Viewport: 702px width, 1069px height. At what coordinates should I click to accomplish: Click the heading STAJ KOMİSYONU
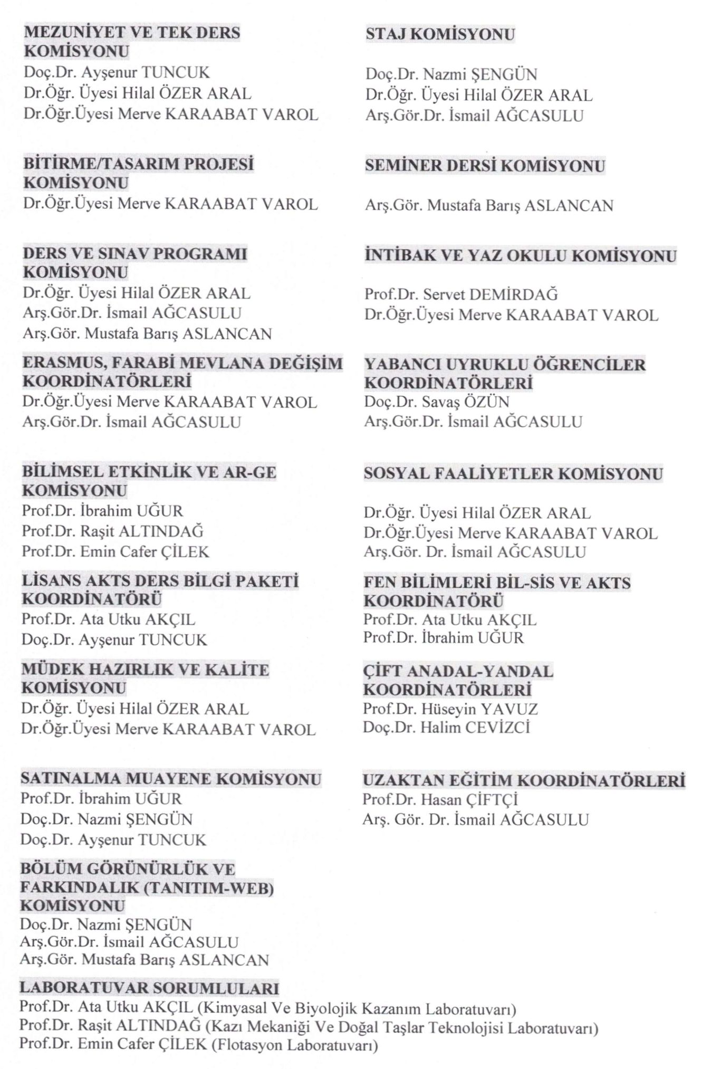point(440,35)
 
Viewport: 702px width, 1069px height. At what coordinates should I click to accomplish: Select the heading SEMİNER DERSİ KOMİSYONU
point(485,166)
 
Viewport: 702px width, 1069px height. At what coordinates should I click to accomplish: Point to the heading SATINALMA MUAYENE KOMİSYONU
point(171,779)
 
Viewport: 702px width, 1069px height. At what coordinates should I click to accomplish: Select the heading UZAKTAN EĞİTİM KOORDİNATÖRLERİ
point(524,780)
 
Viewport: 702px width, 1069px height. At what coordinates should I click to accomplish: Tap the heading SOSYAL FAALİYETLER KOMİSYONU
point(513,473)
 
